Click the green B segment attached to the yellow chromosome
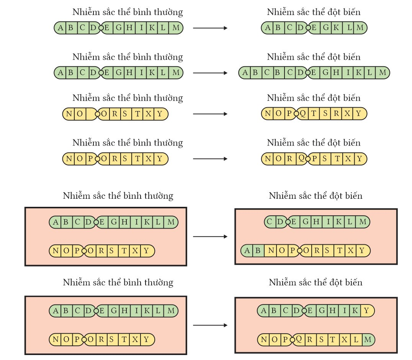point(258,251)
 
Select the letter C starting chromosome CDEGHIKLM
point(270,221)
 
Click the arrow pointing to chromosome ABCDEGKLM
point(210,28)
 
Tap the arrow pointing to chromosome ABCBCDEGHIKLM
point(210,72)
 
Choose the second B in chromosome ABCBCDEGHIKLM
point(277,72)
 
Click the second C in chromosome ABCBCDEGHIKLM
point(288,72)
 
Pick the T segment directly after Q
point(314,114)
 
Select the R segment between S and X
point(336,114)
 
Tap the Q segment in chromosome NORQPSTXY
point(301,158)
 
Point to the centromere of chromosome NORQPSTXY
point(307,159)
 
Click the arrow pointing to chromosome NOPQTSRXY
point(210,114)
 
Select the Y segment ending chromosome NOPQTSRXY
point(359,114)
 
